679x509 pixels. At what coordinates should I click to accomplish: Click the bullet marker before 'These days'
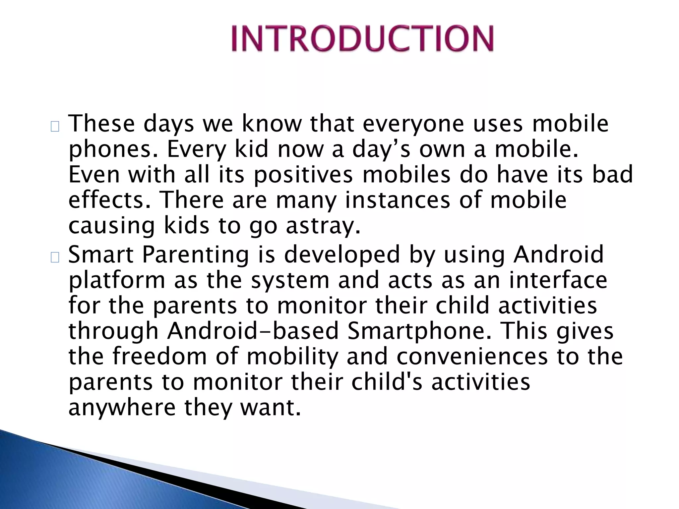click(x=55, y=127)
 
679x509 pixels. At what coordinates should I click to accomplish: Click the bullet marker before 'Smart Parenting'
click(x=55, y=257)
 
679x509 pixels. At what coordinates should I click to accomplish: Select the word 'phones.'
click(x=113, y=150)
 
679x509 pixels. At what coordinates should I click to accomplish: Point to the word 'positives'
click(x=303, y=175)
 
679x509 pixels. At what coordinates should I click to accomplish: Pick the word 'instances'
click(x=397, y=200)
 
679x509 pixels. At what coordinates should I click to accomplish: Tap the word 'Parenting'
click(x=195, y=255)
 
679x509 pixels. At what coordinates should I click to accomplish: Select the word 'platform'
click(x=117, y=281)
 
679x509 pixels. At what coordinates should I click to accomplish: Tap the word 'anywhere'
click(x=122, y=408)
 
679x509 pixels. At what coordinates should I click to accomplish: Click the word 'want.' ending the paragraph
click(x=270, y=408)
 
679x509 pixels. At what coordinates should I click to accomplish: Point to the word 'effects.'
click(x=109, y=200)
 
